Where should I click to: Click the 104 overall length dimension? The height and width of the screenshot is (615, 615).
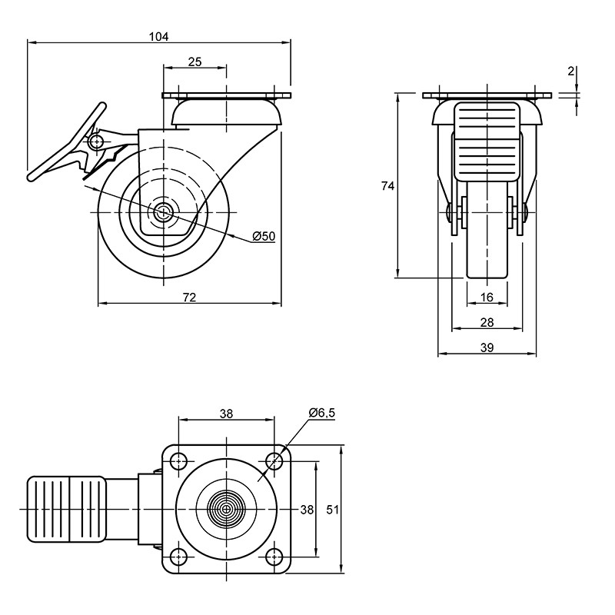[159, 36]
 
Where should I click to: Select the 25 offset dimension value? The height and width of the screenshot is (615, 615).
[195, 61]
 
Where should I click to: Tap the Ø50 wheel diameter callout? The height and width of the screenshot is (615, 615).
[264, 236]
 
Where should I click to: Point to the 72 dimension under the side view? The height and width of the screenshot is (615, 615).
[189, 298]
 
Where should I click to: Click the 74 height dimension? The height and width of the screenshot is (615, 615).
[388, 186]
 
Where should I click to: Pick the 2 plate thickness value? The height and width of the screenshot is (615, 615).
[570, 71]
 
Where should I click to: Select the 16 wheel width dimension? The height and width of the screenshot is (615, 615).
[487, 298]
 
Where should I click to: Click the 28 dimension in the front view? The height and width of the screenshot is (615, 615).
[487, 322]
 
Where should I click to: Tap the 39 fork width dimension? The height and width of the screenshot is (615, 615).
[487, 347]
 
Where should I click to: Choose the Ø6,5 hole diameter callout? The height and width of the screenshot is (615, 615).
[322, 413]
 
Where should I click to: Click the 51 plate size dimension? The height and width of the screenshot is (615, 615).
[333, 510]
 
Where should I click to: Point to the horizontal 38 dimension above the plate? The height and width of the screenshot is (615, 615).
[226, 414]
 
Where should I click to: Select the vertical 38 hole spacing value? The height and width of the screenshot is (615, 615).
[307, 510]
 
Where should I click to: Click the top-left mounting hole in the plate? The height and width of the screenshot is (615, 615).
[179, 460]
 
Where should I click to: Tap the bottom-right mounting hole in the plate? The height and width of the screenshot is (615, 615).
[274, 557]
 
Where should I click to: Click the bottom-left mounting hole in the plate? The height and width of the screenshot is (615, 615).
[179, 557]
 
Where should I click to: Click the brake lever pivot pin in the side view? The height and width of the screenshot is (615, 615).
[95, 141]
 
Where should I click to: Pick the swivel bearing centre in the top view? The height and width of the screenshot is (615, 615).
[226, 509]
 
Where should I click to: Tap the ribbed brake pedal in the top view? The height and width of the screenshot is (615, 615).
[66, 509]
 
